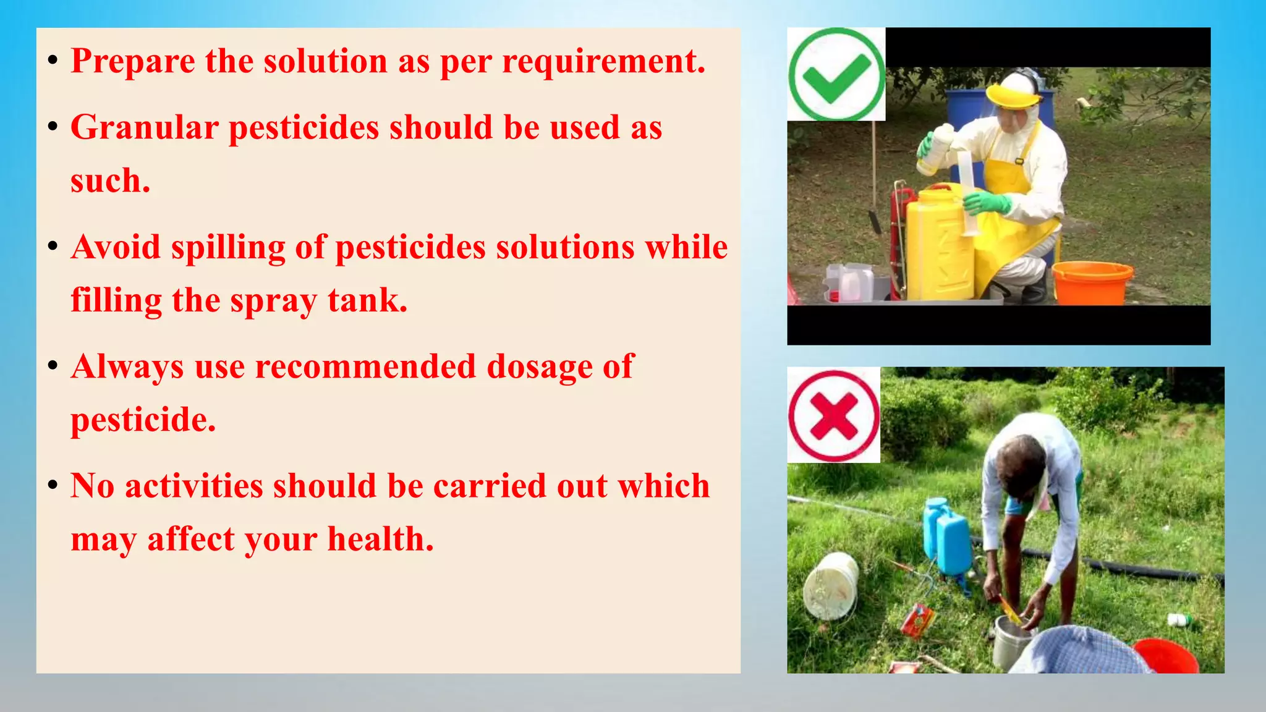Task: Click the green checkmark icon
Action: [x=836, y=74]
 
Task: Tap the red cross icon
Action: [x=833, y=415]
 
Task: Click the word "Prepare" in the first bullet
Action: [x=133, y=62]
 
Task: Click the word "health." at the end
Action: [x=381, y=539]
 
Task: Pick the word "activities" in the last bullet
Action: [x=194, y=486]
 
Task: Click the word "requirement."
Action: [x=603, y=62]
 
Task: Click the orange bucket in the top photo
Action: [x=1092, y=282]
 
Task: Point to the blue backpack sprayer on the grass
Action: [x=946, y=535]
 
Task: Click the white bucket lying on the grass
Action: [x=831, y=585]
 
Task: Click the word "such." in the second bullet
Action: [x=111, y=182]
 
